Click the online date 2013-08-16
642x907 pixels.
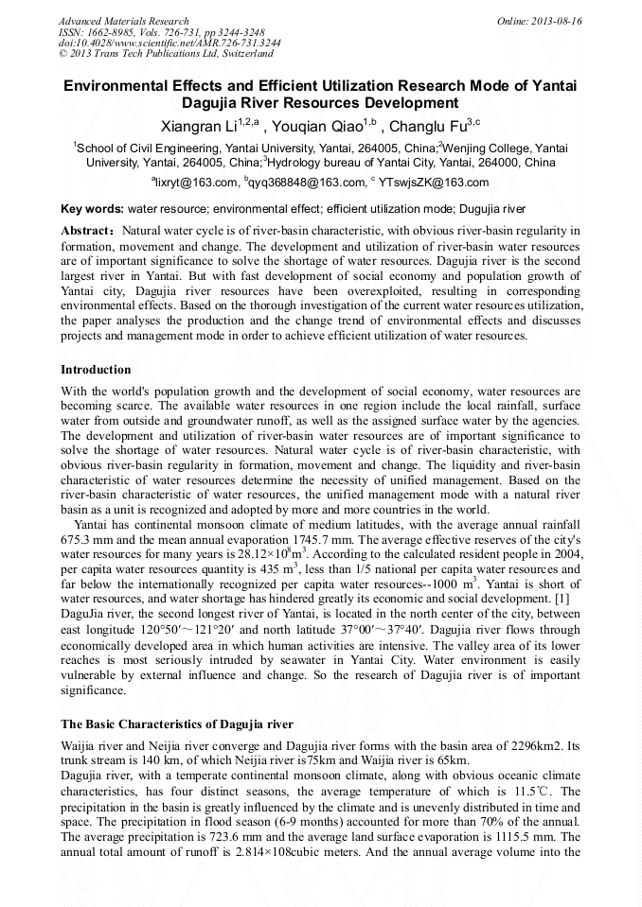tap(556, 21)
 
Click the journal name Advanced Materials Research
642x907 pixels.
tap(123, 21)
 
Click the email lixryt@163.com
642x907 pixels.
tap(197, 183)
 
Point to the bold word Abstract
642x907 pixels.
tap(87, 231)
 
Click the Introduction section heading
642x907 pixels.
tap(96, 369)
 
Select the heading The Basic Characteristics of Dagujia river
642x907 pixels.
tap(177, 724)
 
